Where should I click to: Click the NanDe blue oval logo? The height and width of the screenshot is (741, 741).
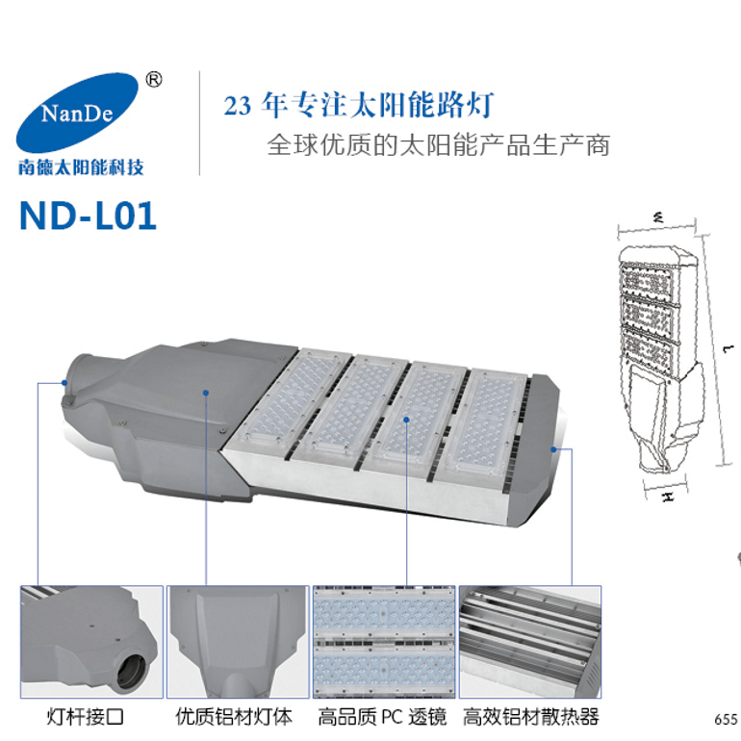point(77,113)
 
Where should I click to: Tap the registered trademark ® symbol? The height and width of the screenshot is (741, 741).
point(154,80)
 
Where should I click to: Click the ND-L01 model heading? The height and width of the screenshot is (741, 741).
point(88,216)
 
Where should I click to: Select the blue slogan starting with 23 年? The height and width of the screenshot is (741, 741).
point(359,105)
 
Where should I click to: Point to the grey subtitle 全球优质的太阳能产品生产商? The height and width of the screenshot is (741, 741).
point(439,144)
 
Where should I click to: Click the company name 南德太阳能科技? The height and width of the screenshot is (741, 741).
point(81,167)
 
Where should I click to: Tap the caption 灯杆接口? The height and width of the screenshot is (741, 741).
point(86,716)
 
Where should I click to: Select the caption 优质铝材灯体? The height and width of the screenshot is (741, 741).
point(234,716)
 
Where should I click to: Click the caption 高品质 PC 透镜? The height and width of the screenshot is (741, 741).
point(382,716)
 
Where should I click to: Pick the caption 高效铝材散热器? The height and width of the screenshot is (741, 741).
point(530,716)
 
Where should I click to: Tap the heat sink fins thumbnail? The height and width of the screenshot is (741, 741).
point(530,642)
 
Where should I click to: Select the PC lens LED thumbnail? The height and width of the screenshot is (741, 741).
point(384,642)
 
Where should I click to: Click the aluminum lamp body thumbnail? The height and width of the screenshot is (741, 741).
point(238,642)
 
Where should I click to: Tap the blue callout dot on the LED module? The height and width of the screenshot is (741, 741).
point(406,420)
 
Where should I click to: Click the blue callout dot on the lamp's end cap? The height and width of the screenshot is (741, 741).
point(553,449)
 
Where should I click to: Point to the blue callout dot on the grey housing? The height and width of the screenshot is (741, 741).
point(206,393)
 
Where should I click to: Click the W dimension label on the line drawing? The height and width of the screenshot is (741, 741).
point(658,217)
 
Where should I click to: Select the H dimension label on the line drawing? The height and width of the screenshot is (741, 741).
point(667,497)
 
